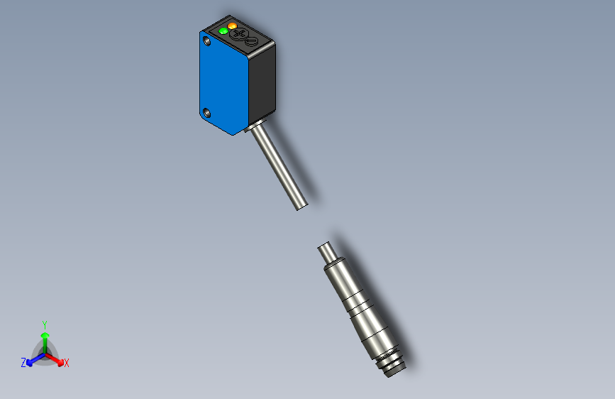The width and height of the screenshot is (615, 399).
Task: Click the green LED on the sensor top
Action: (223, 31)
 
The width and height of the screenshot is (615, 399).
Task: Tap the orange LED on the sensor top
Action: (232, 26)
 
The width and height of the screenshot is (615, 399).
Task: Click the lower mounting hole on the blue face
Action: (207, 112)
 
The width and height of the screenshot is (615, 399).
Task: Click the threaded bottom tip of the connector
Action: (393, 366)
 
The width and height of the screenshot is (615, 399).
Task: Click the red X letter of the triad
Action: (67, 364)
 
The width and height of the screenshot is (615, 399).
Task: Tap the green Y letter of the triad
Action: (45, 323)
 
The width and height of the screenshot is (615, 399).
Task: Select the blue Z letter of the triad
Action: (23, 363)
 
